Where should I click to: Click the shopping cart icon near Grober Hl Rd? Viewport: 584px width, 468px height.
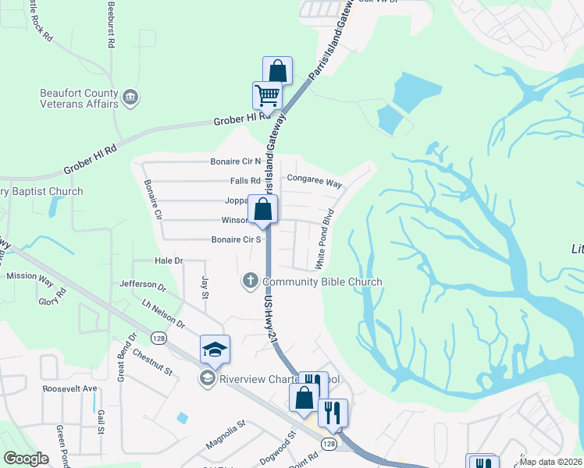(x=267, y=96)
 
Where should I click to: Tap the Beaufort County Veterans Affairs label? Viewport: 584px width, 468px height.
(x=79, y=98)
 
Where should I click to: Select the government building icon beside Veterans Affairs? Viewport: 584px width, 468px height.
(x=130, y=98)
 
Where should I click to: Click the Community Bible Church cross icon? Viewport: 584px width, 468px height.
(x=251, y=281)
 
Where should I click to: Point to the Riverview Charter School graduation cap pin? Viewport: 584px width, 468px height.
(x=215, y=349)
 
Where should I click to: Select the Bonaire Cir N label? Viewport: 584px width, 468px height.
(x=235, y=162)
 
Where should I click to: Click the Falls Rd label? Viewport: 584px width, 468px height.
(x=245, y=181)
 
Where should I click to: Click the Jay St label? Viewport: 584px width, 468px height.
(x=205, y=287)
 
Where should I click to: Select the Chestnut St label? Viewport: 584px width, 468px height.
(x=152, y=362)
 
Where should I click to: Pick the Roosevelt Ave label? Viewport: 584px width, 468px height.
(x=69, y=388)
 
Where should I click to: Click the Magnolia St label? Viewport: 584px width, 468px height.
(x=226, y=434)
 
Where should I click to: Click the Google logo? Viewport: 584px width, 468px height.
(x=26, y=459)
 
